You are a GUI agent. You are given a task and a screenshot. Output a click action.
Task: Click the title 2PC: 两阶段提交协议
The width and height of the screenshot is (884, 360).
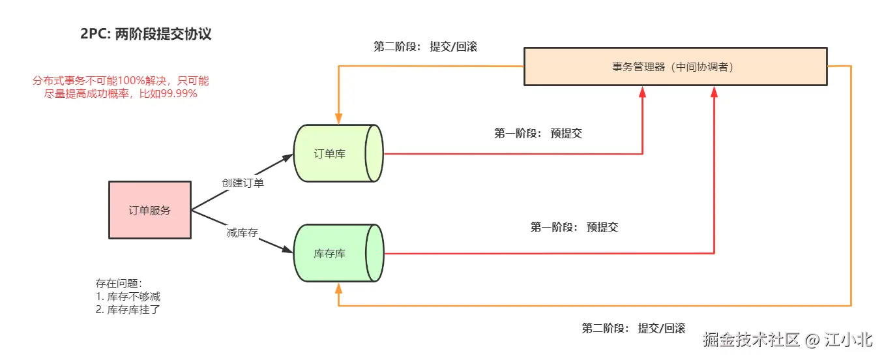click(x=145, y=34)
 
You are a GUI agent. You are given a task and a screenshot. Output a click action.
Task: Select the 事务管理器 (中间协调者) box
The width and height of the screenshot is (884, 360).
click(x=675, y=67)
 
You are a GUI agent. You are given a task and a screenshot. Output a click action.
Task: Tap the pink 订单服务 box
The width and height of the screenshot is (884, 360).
click(x=150, y=210)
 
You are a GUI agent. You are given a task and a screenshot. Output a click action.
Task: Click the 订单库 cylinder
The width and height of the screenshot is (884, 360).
click(x=338, y=153)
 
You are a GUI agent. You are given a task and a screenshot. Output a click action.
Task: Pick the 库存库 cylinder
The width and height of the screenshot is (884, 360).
click(x=338, y=253)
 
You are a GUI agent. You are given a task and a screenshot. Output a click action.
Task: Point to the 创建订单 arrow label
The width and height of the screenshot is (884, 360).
click(x=243, y=183)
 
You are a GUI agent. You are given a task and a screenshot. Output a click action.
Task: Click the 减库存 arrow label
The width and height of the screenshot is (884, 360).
click(x=243, y=232)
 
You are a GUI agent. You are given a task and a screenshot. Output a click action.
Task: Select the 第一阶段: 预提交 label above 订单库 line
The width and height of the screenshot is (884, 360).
click(x=538, y=134)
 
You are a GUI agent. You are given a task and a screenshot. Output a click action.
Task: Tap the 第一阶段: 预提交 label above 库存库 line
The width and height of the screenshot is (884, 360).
click(x=574, y=228)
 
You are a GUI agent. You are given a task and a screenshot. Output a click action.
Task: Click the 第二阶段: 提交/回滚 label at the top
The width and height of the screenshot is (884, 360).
click(x=426, y=46)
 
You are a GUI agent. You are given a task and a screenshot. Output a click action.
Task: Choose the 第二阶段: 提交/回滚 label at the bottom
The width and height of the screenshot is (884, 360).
click(x=634, y=328)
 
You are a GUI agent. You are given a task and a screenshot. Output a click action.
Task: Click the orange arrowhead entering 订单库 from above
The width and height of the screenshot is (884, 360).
click(x=338, y=119)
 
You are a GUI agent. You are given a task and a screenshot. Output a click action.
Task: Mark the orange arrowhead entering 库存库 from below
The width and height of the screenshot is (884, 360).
click(x=338, y=288)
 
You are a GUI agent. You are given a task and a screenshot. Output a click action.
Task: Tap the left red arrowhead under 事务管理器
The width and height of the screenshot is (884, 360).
click(x=643, y=92)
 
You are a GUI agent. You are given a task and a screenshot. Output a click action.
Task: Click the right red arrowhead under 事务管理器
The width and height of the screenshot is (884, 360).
click(x=714, y=92)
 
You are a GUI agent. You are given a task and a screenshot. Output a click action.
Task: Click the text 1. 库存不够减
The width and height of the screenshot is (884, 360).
click(x=128, y=297)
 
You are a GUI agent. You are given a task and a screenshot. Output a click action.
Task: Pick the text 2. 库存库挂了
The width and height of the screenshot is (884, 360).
click(x=128, y=310)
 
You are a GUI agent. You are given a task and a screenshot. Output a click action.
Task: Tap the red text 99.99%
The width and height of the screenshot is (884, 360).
click(x=179, y=93)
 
